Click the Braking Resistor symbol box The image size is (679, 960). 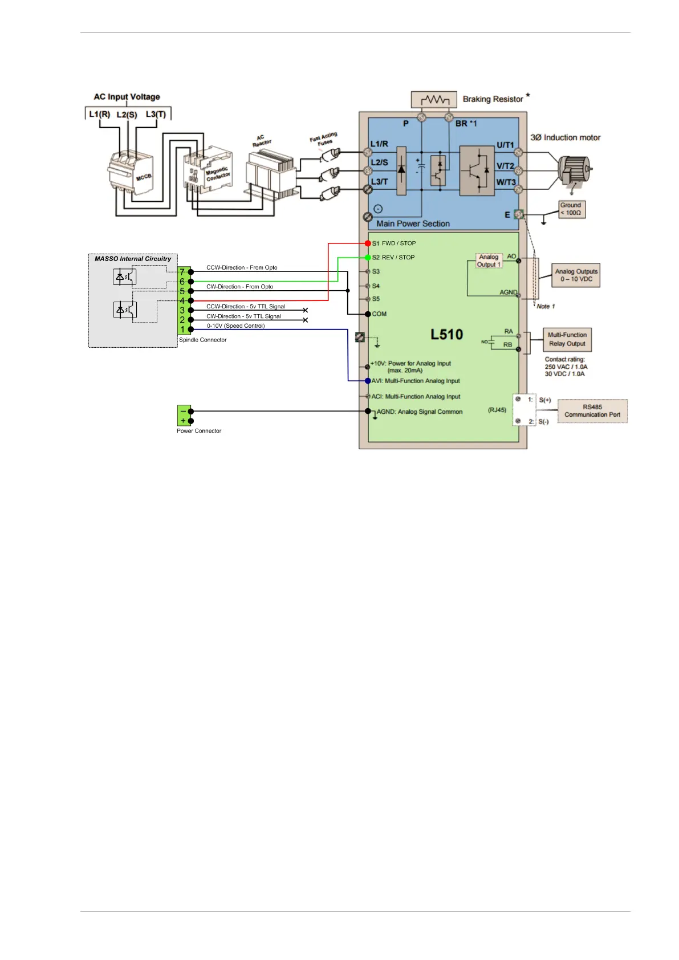click(x=434, y=99)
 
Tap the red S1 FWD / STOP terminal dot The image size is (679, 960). click(x=368, y=243)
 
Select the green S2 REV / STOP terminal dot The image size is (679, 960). click(x=368, y=258)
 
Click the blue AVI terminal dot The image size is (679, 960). click(x=368, y=381)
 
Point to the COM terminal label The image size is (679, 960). click(x=379, y=314)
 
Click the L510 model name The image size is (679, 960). click(x=446, y=335)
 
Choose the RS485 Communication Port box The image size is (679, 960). click(x=592, y=411)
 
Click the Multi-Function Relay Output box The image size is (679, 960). click(x=567, y=340)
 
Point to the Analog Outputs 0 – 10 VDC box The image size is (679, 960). click(x=576, y=275)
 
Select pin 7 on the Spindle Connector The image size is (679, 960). click(x=183, y=272)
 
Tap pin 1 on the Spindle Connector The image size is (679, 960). click(x=183, y=330)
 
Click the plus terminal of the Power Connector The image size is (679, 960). click(x=183, y=421)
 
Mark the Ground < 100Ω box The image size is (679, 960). click(x=571, y=209)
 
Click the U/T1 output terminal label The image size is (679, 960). click(x=505, y=145)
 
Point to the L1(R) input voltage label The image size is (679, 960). click(x=99, y=114)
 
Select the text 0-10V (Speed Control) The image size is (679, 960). click(x=235, y=326)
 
